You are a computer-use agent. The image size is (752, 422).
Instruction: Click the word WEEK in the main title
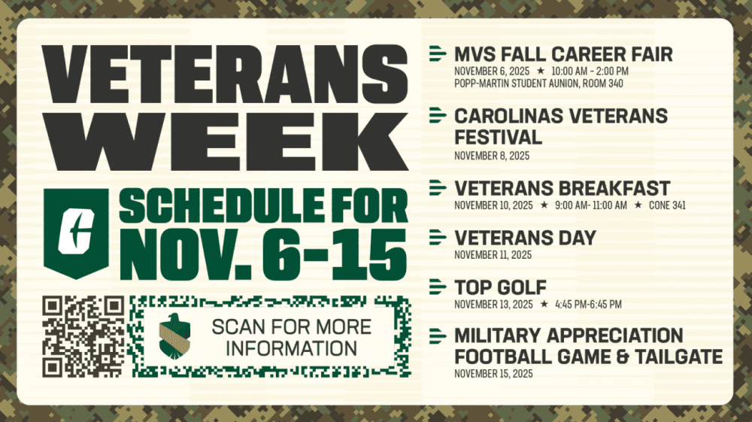point(226,141)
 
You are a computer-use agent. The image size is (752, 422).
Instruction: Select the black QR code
point(83,336)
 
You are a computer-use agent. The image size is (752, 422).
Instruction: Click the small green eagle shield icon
point(174,336)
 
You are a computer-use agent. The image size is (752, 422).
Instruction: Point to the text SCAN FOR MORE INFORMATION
point(291,337)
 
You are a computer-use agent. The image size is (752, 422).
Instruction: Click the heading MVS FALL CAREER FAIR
point(563,54)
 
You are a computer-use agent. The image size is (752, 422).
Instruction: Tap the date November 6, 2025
point(492,71)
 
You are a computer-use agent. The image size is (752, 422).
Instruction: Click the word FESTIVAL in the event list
point(498,138)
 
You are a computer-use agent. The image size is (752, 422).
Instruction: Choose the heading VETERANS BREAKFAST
point(562,188)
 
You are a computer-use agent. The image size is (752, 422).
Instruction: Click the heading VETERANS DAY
point(525,238)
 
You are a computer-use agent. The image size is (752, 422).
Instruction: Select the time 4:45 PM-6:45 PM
point(589,304)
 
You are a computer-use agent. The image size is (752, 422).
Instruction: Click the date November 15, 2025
point(493,373)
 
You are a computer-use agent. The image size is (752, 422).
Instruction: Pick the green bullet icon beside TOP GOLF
point(437,287)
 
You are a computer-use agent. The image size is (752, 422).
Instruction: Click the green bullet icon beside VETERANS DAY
point(437,238)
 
